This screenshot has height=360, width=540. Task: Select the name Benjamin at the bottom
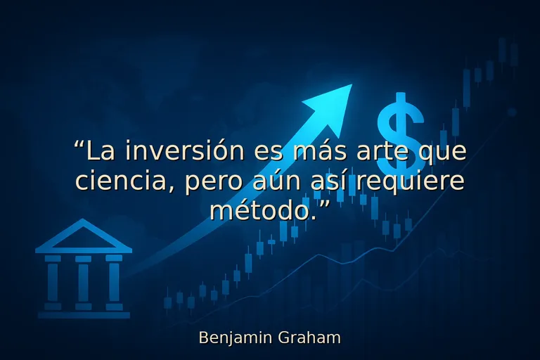[x=229, y=338]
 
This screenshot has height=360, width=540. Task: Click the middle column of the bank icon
[x=84, y=281]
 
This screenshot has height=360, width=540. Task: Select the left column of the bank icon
[x=53, y=281]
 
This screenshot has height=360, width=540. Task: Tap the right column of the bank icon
[x=114, y=281]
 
